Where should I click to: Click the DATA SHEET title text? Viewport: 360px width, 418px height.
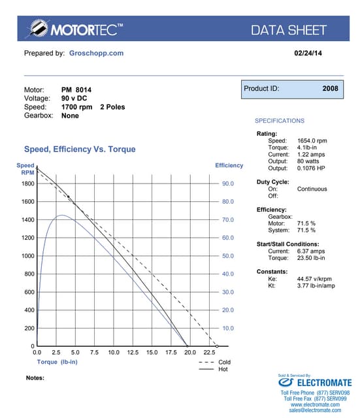click(x=288, y=29)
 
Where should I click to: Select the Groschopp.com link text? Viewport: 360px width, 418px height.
click(x=96, y=53)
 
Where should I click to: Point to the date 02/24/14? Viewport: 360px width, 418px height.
click(x=308, y=53)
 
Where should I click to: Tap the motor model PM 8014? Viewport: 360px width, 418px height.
click(x=77, y=89)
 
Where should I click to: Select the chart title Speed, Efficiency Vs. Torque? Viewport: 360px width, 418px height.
click(x=80, y=149)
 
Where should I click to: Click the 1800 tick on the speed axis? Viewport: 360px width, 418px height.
click(x=27, y=184)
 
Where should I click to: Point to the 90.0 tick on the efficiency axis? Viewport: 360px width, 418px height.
click(x=228, y=184)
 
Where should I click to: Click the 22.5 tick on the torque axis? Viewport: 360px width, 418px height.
click(x=209, y=352)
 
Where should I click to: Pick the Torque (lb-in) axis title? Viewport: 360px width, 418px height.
click(x=58, y=361)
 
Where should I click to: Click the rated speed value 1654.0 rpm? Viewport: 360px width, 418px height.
click(x=312, y=140)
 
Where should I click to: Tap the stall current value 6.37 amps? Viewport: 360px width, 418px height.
click(x=312, y=251)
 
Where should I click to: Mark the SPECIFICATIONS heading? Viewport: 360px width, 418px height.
click(x=279, y=121)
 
